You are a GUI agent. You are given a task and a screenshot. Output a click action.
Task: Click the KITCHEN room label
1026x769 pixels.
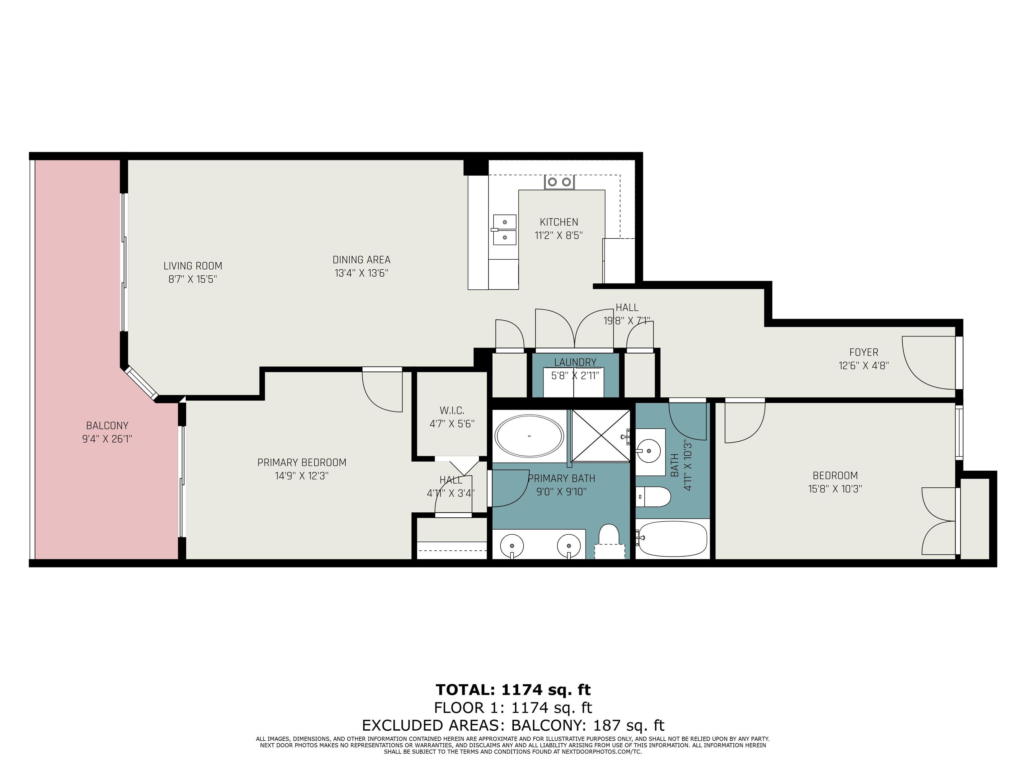(558, 222)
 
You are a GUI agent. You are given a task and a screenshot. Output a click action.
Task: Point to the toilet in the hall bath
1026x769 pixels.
(653, 497)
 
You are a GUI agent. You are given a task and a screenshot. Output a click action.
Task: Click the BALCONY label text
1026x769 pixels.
(107, 426)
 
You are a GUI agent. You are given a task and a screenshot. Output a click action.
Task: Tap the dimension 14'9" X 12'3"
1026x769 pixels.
(302, 476)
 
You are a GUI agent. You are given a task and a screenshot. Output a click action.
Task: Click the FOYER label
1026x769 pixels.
(864, 352)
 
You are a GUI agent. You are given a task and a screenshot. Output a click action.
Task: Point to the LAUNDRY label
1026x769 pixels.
(575, 362)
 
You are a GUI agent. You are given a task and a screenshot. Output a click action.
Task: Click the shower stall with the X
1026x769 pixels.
(601, 436)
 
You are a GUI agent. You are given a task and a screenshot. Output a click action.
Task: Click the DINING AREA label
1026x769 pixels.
(361, 260)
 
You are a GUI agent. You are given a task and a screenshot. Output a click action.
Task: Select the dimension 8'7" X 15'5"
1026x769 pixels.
(192, 279)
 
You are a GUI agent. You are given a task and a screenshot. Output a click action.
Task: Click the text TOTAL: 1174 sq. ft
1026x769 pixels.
(513, 690)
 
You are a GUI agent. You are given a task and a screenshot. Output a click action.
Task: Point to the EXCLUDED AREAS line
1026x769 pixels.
(513, 725)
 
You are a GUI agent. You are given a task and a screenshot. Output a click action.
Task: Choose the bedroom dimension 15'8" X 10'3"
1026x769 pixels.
(835, 489)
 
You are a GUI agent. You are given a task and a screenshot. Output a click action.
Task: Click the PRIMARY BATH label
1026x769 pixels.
(561, 478)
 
